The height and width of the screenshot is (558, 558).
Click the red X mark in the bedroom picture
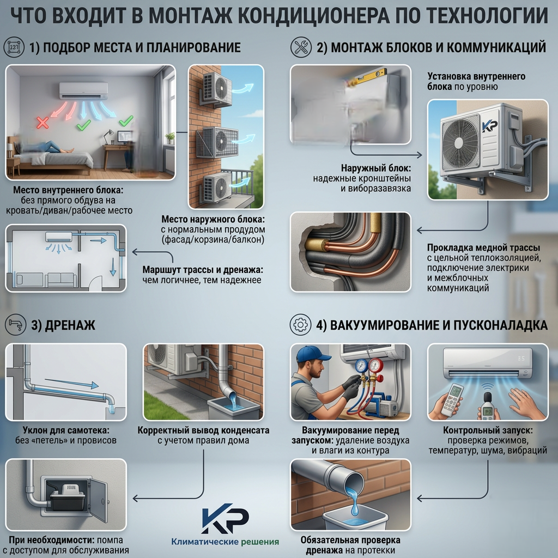(43, 123)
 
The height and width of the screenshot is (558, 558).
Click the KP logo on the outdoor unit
(490, 126)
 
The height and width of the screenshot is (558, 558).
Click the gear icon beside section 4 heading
(300, 325)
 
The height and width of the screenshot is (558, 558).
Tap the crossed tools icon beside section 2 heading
(301, 47)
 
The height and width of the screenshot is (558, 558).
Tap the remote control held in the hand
(451, 399)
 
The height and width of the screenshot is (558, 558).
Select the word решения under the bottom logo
(260, 542)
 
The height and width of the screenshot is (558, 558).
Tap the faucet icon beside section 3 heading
(16, 325)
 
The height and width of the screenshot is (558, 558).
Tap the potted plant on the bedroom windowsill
(171, 137)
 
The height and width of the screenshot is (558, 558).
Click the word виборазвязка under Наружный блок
(376, 188)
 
